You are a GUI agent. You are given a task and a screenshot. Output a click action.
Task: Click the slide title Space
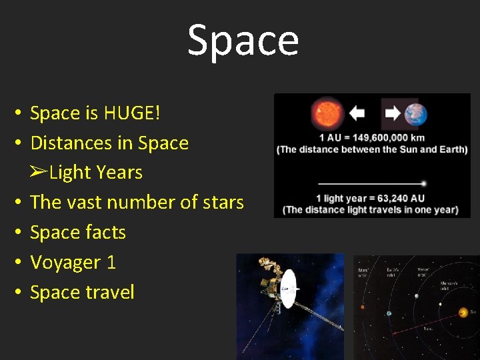pos(243,40)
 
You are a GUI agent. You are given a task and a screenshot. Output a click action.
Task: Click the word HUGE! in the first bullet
pos(132,113)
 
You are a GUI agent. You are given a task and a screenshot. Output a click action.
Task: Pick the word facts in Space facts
pos(106,232)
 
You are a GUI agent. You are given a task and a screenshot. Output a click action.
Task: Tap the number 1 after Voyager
pos(111,262)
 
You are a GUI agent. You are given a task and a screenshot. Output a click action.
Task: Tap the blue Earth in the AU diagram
pos(415,114)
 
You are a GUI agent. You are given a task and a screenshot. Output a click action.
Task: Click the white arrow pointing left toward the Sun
pos(357,113)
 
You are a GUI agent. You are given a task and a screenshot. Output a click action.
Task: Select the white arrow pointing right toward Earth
pos(393,113)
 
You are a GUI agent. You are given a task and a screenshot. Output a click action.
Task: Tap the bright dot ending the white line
pos(424,183)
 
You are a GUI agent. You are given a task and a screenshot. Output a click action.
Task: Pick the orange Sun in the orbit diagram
pos(463,312)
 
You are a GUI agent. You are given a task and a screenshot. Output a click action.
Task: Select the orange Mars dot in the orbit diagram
pos(363,307)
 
